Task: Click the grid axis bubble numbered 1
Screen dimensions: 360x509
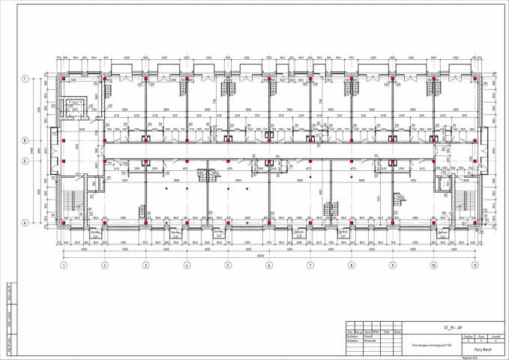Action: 64,265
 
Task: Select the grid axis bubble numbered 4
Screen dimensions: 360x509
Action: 187,265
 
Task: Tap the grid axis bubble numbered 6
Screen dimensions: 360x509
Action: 268,265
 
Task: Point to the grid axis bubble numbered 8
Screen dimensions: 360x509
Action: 351,265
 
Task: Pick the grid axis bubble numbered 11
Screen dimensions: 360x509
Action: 474,265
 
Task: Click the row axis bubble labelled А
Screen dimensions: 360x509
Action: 25,223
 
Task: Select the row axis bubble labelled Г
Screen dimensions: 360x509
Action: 25,78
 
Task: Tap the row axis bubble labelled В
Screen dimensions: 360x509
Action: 25,140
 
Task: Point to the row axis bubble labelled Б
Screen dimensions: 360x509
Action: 25,160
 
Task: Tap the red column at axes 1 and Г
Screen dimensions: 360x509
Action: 64,78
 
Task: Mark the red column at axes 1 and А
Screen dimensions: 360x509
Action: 64,223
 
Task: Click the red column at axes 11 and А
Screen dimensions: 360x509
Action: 474,223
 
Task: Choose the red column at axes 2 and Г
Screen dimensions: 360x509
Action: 105,78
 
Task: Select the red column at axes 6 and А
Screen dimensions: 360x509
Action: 268,223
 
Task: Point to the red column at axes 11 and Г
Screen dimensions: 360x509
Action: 474,78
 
